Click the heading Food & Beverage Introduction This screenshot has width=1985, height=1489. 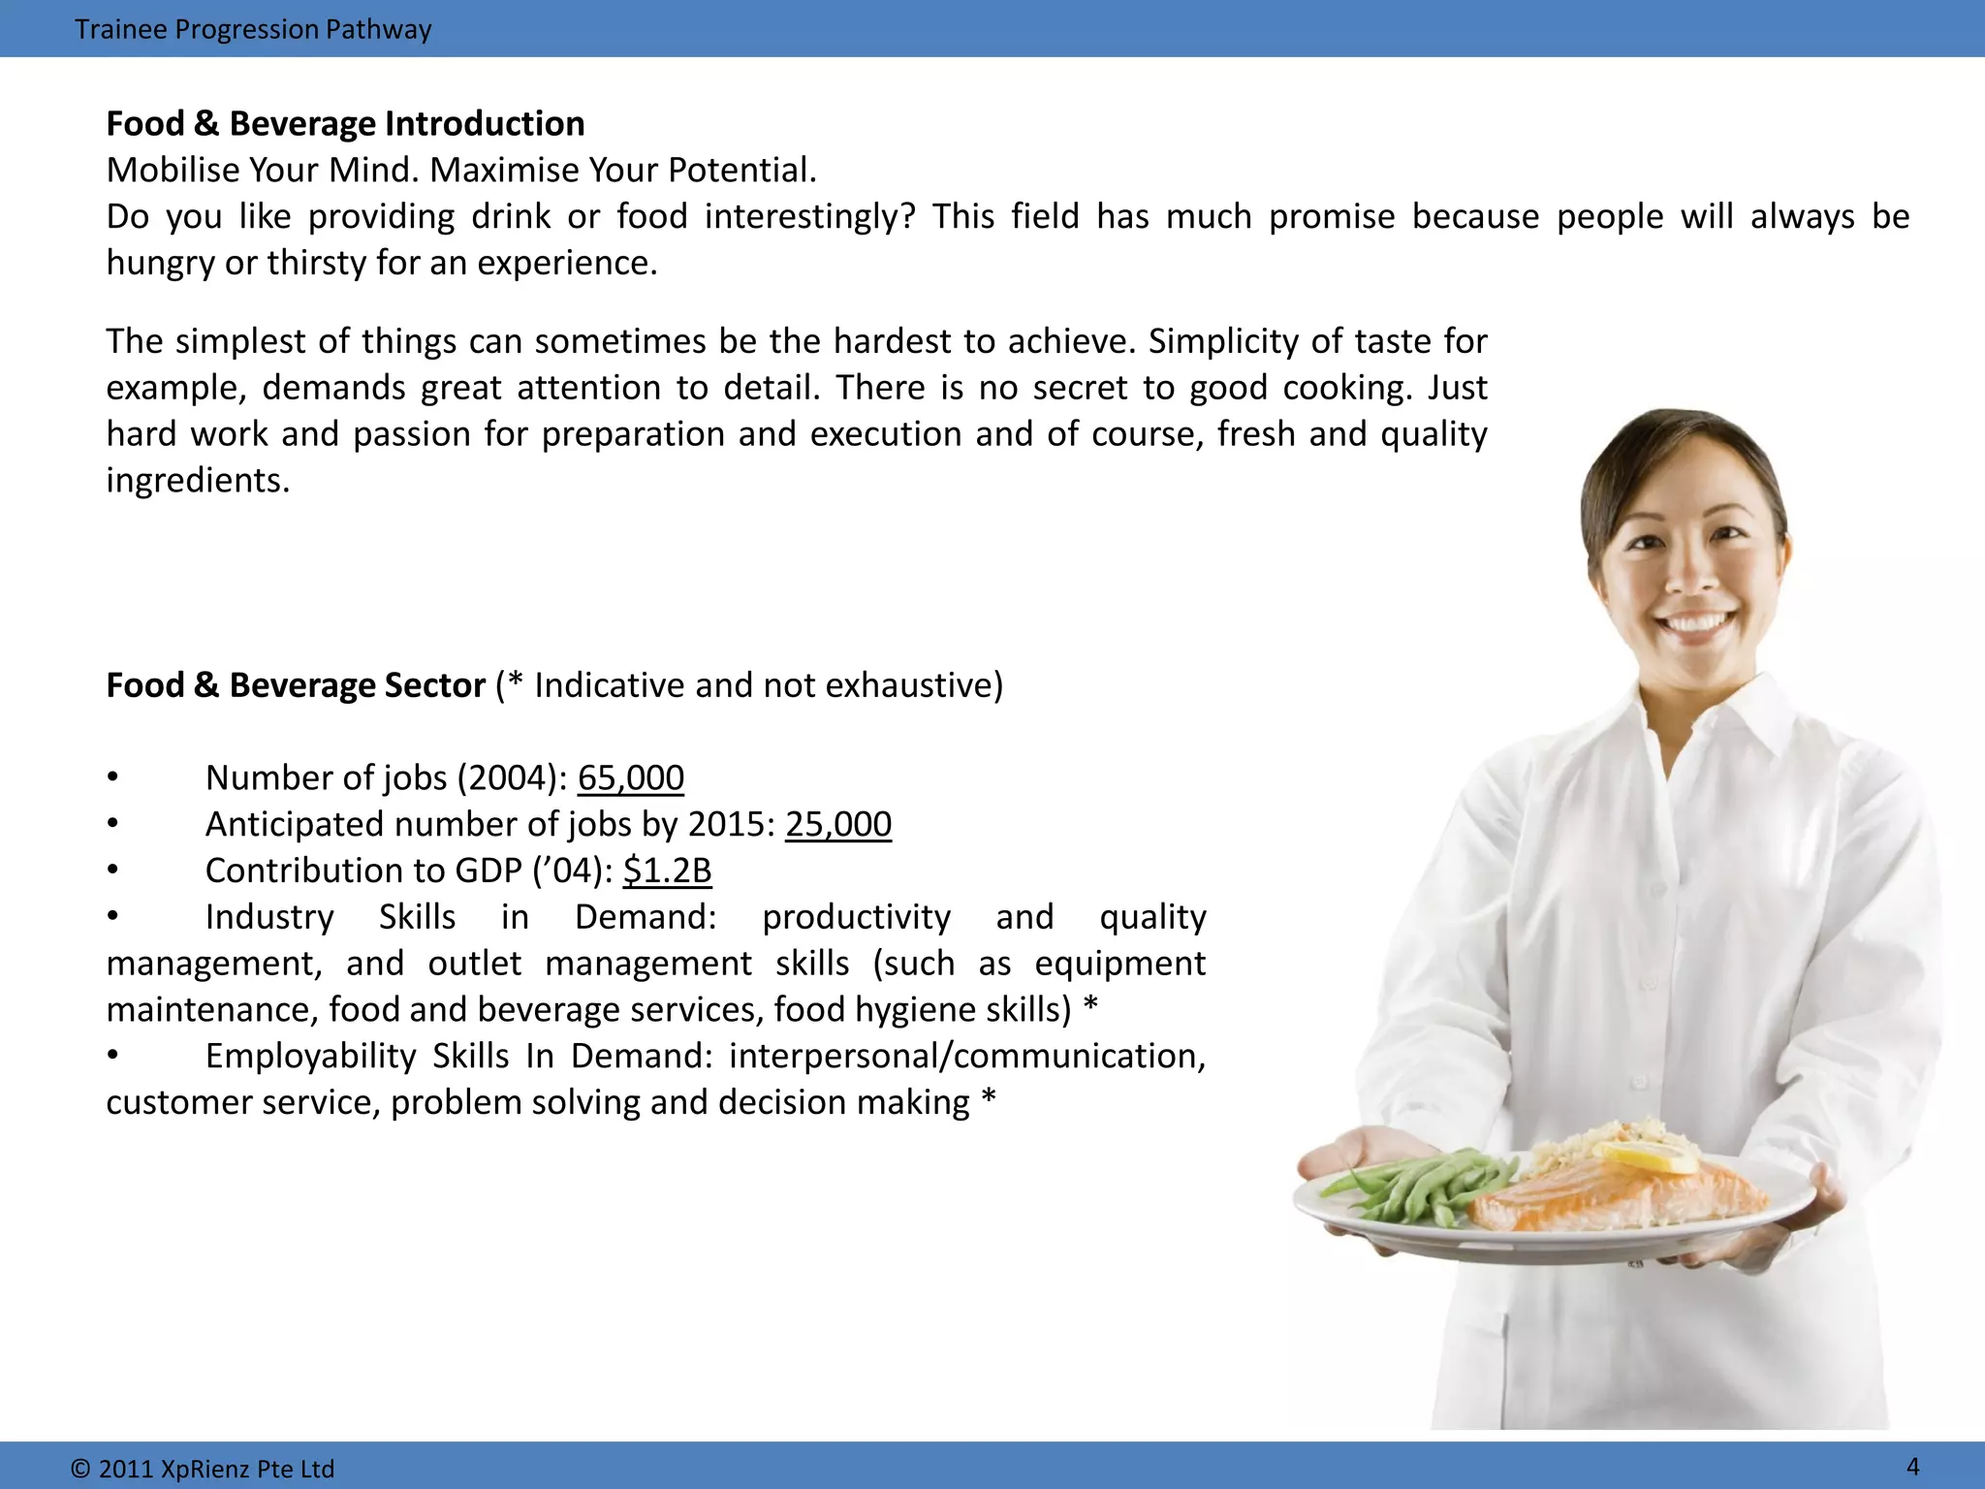point(345,124)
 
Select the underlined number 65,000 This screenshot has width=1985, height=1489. point(631,777)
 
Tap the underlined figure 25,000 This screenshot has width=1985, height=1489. point(838,824)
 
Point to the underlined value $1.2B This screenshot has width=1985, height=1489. point(667,871)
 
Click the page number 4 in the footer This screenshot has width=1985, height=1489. point(1912,1466)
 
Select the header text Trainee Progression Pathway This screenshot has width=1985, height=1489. point(253,29)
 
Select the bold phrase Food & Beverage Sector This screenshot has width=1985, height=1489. point(296,685)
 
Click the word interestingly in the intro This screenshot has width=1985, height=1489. point(809,216)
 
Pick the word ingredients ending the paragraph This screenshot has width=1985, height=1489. point(197,481)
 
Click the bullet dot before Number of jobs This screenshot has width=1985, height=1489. point(113,776)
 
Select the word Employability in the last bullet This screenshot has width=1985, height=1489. point(310,1056)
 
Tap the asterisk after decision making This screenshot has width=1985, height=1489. point(988,1099)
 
